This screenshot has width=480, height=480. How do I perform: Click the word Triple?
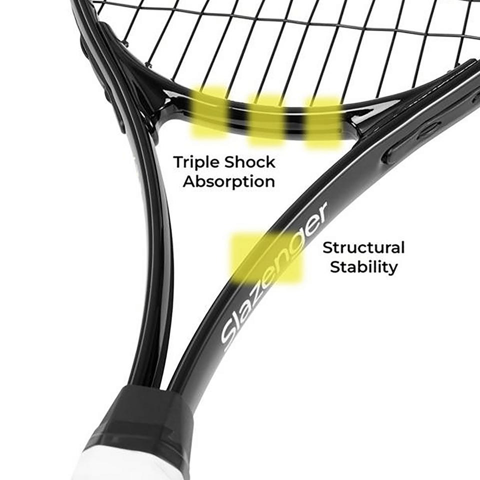click(196, 162)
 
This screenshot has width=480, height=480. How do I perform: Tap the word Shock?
click(249, 162)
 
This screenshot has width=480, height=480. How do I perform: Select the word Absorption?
click(228, 182)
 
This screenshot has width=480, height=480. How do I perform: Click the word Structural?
click(363, 247)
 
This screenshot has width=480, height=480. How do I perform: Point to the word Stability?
click(363, 267)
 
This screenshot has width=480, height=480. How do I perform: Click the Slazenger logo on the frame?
click(274, 276)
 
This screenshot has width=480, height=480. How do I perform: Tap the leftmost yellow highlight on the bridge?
click(209, 113)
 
